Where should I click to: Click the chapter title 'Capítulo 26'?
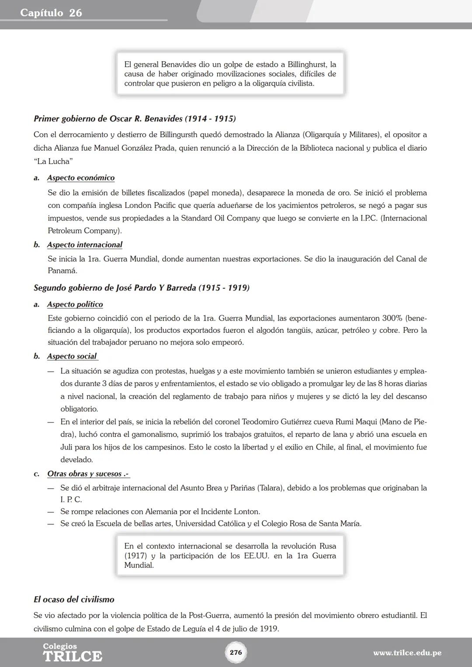tap(51, 13)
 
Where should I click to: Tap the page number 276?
tap(236, 652)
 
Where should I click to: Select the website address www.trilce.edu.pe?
tap(407, 653)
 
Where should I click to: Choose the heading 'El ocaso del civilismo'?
tap(74, 599)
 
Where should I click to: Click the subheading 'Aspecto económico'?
tap(81, 178)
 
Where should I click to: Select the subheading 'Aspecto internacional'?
tap(85, 245)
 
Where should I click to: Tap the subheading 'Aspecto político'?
tap(75, 304)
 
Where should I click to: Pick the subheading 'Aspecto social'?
tap(72, 356)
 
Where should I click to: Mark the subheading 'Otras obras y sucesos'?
tap(87, 474)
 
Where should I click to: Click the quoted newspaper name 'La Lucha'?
tap(53, 162)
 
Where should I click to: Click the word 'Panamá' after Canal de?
tap(62, 271)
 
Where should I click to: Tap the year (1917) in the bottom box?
tap(135, 556)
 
